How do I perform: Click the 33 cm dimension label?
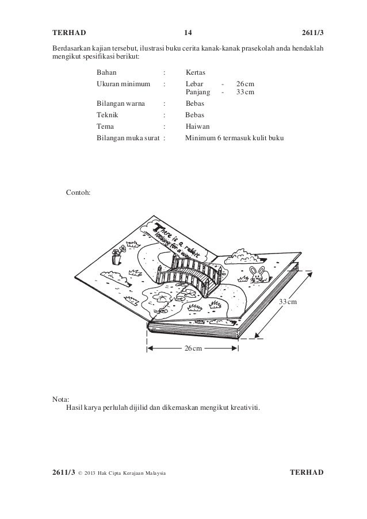[x=288, y=302]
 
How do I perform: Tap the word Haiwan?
[x=198, y=126]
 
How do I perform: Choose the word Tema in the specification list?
[x=105, y=126]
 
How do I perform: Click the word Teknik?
[x=108, y=115]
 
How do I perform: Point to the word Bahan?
[x=106, y=74]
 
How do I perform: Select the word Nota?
[x=60, y=399]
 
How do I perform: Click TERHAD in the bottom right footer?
[x=307, y=472]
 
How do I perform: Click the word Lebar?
[x=195, y=84]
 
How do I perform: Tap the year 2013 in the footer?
[x=92, y=473]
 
